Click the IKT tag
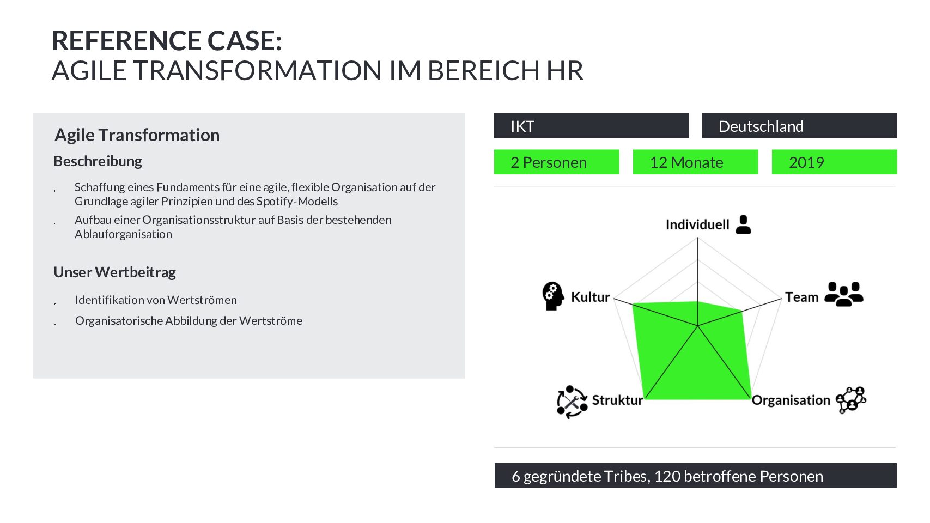coord(591,126)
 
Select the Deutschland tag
coord(799,126)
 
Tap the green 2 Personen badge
coord(556,162)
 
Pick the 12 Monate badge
coord(695,162)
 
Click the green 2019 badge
coord(835,162)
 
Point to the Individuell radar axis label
coord(697,224)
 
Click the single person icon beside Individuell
coord(743,224)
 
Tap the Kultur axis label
coord(590,297)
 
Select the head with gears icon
coord(553,296)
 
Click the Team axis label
coord(802,297)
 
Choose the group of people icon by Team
coord(843,294)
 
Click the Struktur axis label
coord(617,400)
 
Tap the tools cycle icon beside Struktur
coord(572,402)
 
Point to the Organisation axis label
coord(791,400)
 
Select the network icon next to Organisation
coord(851,400)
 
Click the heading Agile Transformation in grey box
coord(137,135)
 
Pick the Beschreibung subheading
coord(98,161)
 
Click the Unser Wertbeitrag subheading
coord(114,272)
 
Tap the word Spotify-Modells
coord(297,202)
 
